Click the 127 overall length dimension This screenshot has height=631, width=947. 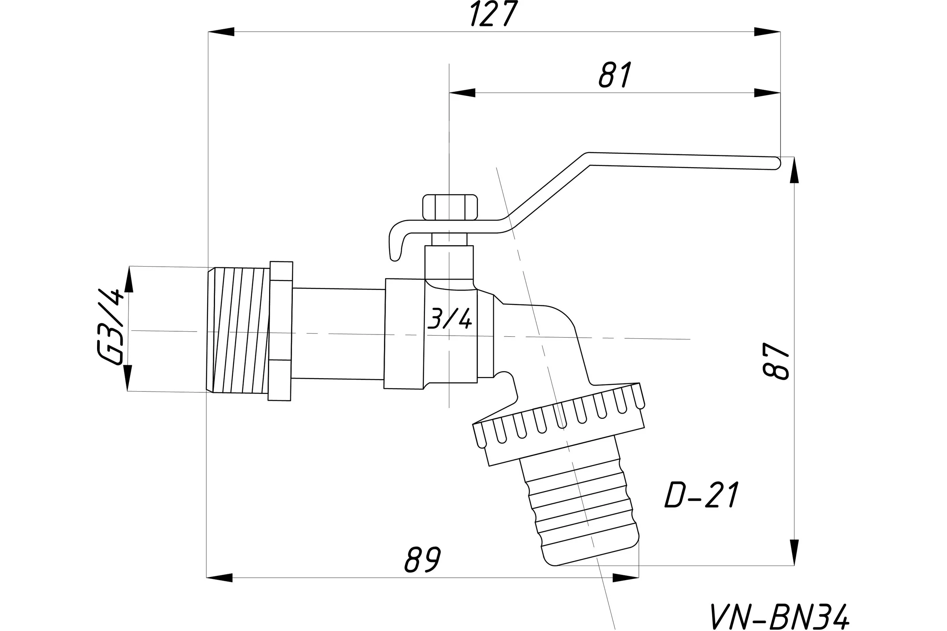pyautogui.click(x=494, y=14)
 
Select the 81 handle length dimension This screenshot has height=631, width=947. pyautogui.click(x=615, y=75)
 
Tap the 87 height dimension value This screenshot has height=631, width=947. pyautogui.click(x=776, y=361)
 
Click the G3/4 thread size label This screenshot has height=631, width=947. pyautogui.click(x=110, y=327)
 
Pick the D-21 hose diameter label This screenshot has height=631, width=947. pyautogui.click(x=702, y=495)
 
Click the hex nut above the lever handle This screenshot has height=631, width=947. pyautogui.click(x=450, y=207)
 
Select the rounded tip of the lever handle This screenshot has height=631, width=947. pyautogui.click(x=776, y=163)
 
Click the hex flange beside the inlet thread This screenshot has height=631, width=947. pyautogui.click(x=280, y=331)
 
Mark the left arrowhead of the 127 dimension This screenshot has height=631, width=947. pyautogui.click(x=221, y=32)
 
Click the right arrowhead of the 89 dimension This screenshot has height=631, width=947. pyautogui.click(x=626, y=577)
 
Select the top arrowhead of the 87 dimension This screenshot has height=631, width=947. pyautogui.click(x=794, y=170)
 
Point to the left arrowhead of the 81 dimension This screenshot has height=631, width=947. pyautogui.click(x=462, y=93)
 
